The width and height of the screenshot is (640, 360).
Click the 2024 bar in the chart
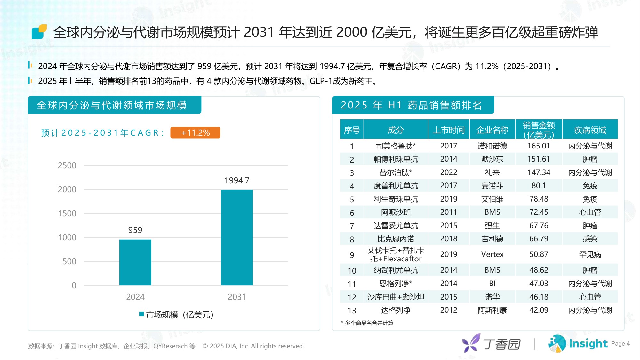(x=135, y=262)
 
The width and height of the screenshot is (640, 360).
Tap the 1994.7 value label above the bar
(x=237, y=180)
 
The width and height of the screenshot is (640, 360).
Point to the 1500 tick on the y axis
(x=67, y=213)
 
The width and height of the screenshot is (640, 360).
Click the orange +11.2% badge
(x=195, y=133)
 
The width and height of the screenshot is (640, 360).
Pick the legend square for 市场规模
(x=141, y=314)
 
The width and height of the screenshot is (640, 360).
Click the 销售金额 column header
(x=539, y=130)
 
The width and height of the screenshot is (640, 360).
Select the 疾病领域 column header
(x=590, y=130)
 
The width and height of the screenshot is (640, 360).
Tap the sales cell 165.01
(x=539, y=146)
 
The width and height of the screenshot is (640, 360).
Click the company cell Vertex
(x=492, y=254)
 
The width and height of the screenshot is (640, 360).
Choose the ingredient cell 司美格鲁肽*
(x=396, y=146)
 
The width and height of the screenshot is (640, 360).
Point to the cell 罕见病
(x=590, y=254)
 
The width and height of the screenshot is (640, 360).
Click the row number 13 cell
(x=352, y=310)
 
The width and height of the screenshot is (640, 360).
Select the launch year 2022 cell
(x=448, y=172)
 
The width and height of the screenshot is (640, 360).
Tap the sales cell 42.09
(x=539, y=310)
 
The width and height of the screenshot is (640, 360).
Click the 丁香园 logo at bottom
(x=491, y=344)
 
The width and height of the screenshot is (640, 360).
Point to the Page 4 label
(x=620, y=344)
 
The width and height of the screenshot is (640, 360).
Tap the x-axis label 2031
(x=236, y=297)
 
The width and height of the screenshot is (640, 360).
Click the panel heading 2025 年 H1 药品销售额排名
(x=411, y=105)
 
